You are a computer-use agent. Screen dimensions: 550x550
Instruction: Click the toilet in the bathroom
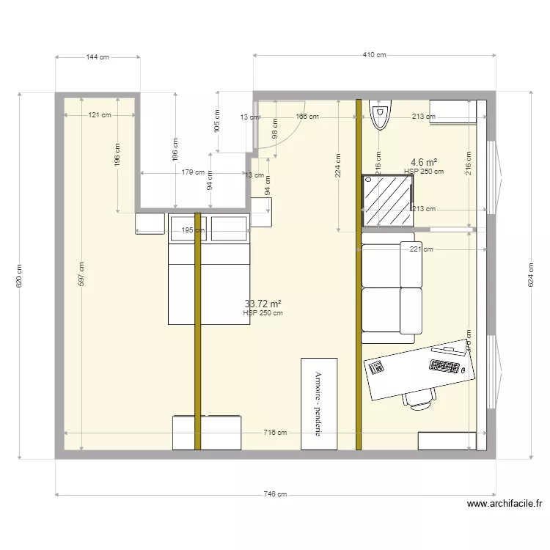point(379,116)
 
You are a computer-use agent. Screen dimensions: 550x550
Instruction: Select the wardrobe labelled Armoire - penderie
point(319,403)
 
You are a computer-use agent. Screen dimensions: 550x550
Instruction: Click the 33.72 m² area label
point(263,304)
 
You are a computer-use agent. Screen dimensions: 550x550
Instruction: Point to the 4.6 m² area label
point(424,162)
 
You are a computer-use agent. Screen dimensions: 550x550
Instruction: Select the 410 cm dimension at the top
point(374,55)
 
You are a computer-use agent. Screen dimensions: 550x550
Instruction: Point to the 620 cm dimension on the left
point(19,276)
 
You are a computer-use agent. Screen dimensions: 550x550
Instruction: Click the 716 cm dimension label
point(275,433)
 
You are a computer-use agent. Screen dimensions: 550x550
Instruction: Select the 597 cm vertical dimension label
point(81,274)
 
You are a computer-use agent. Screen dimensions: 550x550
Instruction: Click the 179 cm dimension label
point(193,173)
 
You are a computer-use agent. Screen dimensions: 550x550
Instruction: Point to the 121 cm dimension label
point(100,115)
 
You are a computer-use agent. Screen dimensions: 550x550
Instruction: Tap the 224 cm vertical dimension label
point(338,166)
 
